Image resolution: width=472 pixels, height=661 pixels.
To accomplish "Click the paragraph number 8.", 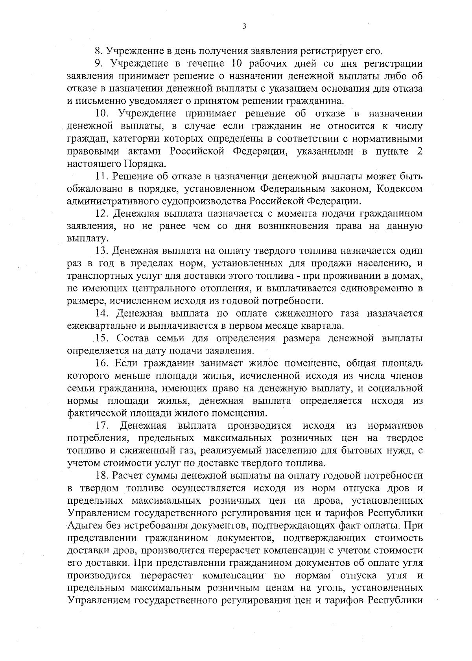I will click(x=99, y=51).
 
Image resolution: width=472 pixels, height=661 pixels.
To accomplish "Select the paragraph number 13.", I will click(x=102, y=251).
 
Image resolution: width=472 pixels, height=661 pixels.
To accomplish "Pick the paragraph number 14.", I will click(x=102, y=313).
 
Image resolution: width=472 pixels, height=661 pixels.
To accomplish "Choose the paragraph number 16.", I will click(x=102, y=364).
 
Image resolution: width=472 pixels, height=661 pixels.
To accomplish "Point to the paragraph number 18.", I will click(x=102, y=476).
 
